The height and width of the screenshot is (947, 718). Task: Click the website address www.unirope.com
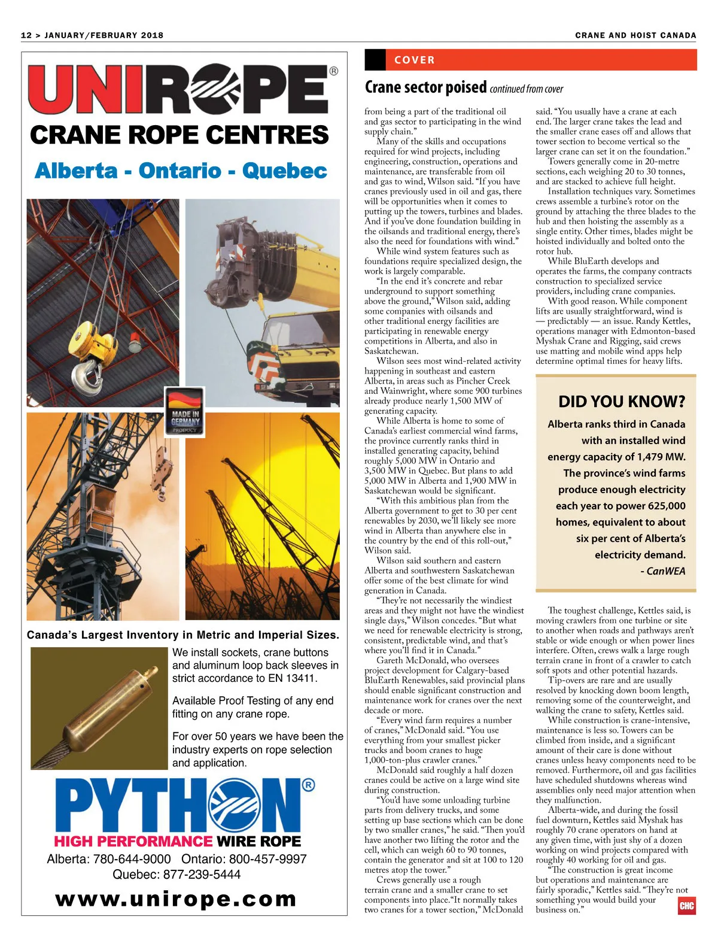[x=176, y=899]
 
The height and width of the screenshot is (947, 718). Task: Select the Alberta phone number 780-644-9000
[x=132, y=859]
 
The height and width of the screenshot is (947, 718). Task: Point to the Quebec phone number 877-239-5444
[x=202, y=875]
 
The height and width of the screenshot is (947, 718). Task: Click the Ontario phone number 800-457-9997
[x=267, y=859]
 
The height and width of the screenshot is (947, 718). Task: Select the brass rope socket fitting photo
[x=99, y=708]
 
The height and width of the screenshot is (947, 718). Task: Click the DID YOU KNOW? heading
[x=622, y=402]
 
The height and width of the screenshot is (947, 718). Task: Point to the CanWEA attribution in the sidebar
[x=665, y=571]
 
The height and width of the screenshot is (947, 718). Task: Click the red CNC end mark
[x=686, y=906]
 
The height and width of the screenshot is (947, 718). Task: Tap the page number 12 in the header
[x=26, y=35]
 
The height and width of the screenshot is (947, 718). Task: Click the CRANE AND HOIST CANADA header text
[x=635, y=35]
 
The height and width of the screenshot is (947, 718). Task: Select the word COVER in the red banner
[x=415, y=60]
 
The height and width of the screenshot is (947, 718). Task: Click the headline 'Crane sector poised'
[x=425, y=87]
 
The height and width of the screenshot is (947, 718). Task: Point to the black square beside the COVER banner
[x=375, y=60]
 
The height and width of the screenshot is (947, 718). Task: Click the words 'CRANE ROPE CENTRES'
[x=179, y=135]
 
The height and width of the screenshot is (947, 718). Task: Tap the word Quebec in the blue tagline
[x=284, y=171]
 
